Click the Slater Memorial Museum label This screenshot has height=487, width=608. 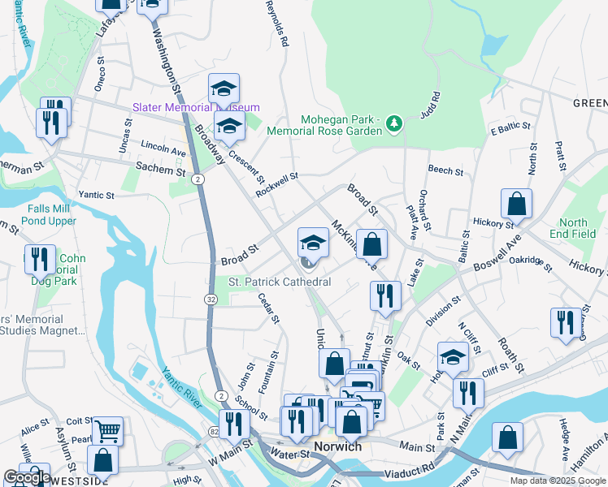[x=196, y=107]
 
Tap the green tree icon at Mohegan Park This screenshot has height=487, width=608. [x=394, y=123]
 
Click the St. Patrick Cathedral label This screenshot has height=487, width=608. [x=280, y=282]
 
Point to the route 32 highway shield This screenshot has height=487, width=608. [x=211, y=300]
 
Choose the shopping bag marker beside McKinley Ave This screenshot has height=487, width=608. [x=371, y=243]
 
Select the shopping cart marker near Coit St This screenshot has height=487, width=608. [x=107, y=430]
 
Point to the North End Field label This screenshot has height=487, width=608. [x=573, y=228]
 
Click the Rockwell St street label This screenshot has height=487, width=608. [x=277, y=181]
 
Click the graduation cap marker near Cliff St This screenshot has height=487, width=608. [x=454, y=356]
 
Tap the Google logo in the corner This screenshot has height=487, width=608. [x=28, y=478]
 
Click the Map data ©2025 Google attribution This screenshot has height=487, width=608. [x=557, y=481]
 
